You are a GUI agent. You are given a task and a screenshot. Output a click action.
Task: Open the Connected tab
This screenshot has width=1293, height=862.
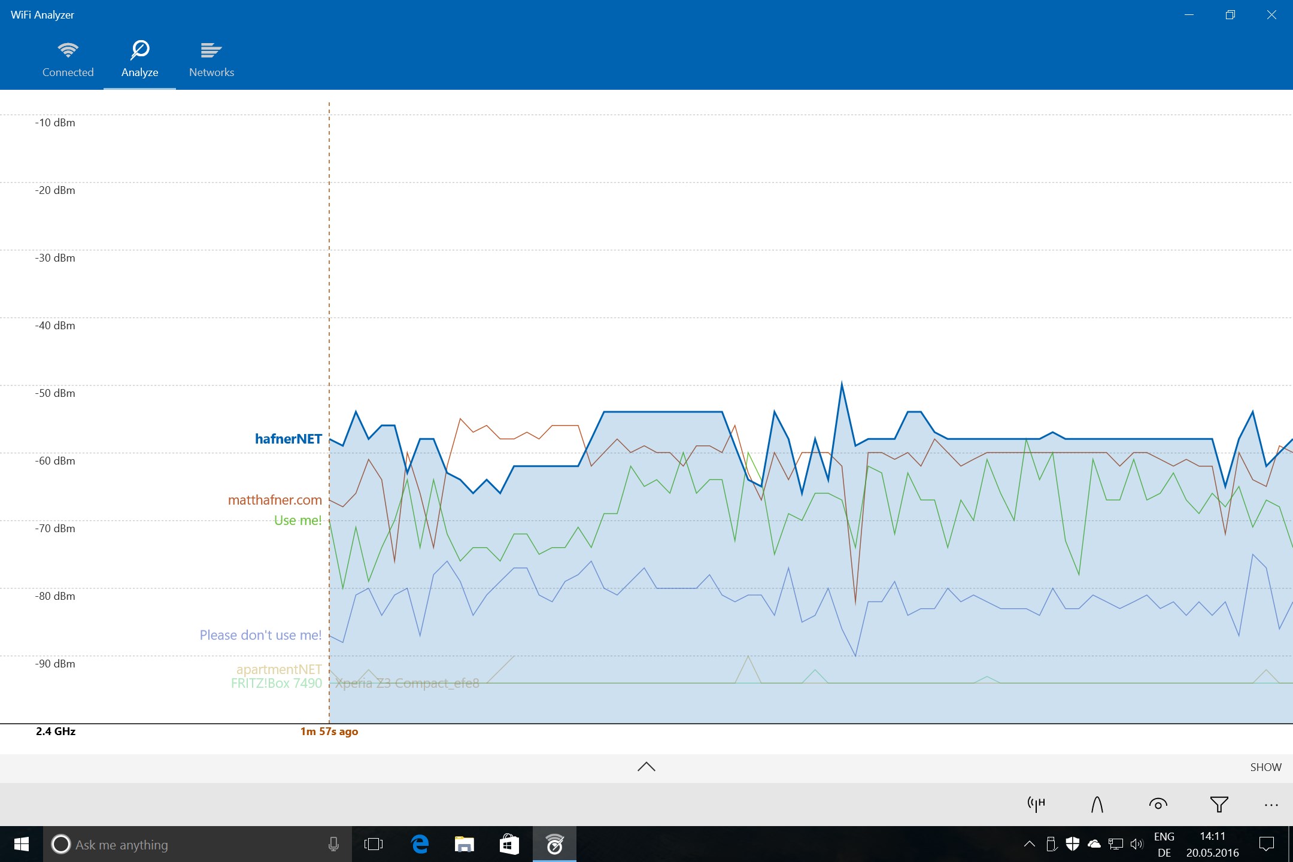point(68,59)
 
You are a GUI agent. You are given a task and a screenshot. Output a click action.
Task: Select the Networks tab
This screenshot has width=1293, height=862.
point(211,59)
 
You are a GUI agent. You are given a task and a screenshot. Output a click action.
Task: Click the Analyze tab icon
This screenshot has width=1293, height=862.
point(140,50)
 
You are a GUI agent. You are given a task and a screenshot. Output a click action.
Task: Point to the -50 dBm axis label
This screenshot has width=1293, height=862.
point(55,393)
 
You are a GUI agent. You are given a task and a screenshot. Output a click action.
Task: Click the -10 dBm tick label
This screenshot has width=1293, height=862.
point(55,123)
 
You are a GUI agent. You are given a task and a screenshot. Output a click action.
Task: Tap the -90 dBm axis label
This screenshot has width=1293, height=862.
point(55,664)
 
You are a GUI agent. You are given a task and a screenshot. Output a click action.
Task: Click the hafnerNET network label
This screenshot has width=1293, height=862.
point(289,439)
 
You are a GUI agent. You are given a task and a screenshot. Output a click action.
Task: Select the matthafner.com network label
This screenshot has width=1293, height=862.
point(275,500)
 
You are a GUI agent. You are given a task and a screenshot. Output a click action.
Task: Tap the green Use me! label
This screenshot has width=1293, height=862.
point(298,520)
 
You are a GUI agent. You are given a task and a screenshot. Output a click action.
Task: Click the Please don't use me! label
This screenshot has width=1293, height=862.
point(260,635)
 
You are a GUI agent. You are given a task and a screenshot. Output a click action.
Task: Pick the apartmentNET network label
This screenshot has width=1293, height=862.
point(279,669)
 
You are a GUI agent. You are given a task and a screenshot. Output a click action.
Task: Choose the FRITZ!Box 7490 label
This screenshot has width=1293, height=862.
point(277,684)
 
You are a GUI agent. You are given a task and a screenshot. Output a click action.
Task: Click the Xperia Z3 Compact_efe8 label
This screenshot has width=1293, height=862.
point(407,684)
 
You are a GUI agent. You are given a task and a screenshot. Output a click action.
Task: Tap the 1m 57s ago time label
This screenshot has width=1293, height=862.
point(329,732)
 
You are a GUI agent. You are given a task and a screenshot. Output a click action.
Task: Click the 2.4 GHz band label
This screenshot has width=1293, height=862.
point(56,732)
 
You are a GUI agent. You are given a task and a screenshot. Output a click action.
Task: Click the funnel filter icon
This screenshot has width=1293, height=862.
point(1219,805)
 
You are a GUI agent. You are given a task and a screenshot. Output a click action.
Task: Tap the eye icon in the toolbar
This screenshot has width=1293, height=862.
point(1158,805)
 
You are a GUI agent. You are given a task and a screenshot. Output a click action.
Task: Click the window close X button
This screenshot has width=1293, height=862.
point(1271,15)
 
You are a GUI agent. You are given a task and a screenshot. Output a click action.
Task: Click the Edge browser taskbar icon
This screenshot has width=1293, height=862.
point(420,844)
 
